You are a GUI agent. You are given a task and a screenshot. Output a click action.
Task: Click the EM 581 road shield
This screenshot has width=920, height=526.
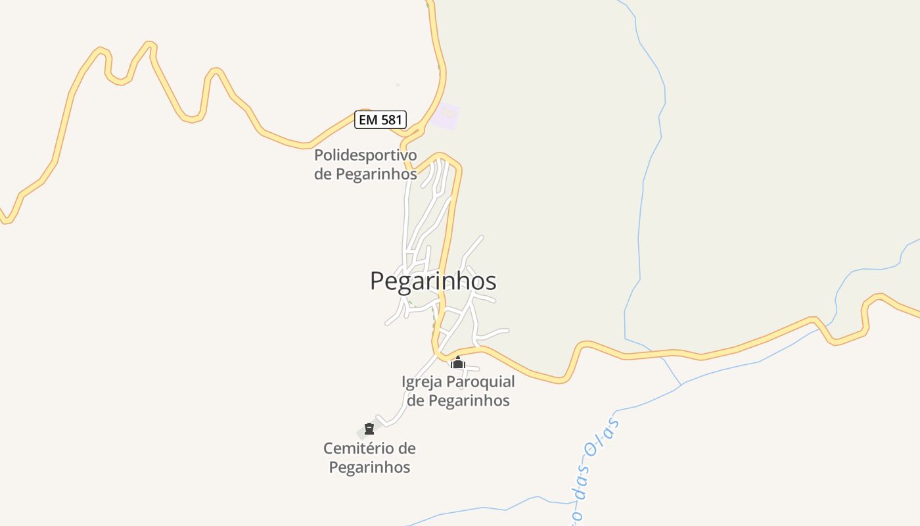[380, 120]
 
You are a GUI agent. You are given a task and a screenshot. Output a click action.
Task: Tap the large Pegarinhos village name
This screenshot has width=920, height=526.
[433, 281]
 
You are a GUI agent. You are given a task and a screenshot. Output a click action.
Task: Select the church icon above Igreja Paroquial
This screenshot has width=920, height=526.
[458, 363]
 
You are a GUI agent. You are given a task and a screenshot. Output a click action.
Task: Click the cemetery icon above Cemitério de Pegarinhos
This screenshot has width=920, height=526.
[369, 429]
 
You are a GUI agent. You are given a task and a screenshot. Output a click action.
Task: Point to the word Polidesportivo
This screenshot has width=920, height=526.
[365, 156]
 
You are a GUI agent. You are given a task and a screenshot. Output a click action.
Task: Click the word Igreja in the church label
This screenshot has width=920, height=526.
[422, 382]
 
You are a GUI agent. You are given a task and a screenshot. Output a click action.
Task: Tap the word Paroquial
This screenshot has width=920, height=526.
[480, 382]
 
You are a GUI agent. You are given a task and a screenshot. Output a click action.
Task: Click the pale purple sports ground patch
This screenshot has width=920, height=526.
[446, 115]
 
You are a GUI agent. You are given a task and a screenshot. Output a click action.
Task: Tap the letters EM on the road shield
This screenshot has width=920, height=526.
[368, 120]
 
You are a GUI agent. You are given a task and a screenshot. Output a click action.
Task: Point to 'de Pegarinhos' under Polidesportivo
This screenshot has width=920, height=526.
[365, 174]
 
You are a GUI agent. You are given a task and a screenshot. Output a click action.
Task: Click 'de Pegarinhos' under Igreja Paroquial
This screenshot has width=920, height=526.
[458, 400]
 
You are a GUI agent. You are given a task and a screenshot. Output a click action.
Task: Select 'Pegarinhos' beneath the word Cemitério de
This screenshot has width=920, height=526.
[369, 467]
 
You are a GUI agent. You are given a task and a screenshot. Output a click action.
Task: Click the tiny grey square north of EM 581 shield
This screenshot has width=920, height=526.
[398, 85]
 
